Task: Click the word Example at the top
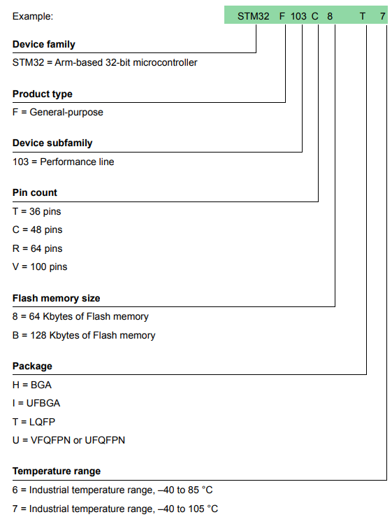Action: (33, 16)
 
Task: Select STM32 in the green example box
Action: (254, 16)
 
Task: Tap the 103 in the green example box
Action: (298, 16)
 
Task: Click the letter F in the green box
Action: (282, 16)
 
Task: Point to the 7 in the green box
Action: (382, 16)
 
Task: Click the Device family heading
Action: (44, 44)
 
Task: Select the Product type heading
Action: (43, 94)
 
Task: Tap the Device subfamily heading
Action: (52, 143)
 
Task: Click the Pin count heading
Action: (35, 192)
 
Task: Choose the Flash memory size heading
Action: (57, 298)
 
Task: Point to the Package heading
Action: (32, 366)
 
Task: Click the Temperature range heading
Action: (57, 471)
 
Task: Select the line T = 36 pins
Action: (37, 211)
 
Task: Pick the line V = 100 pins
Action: (40, 267)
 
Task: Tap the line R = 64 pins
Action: (38, 248)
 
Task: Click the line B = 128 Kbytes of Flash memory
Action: (84, 335)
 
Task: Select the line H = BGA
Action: (32, 385)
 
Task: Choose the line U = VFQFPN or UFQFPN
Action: (69, 440)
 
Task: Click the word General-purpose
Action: (66, 113)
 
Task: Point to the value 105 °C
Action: (203, 509)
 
